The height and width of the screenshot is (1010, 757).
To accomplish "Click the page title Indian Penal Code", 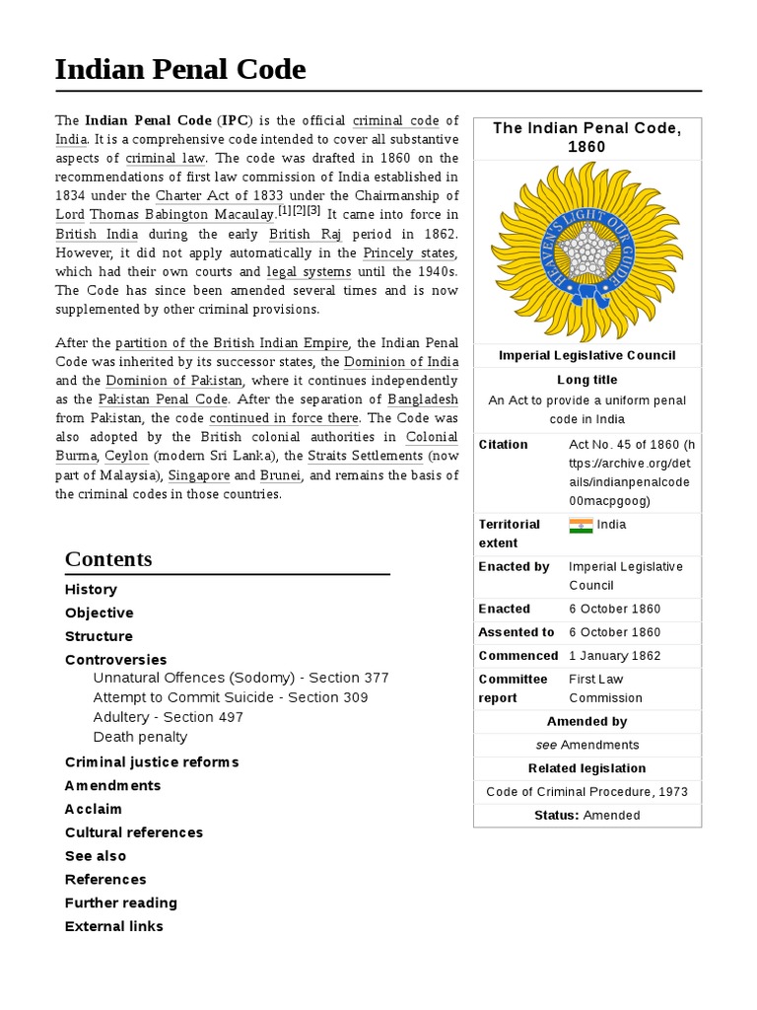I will tap(180, 70).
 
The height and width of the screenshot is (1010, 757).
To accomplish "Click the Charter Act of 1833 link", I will tap(219, 196).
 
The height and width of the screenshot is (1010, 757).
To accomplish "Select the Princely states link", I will tap(410, 252).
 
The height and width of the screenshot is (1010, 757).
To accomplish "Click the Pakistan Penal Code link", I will tap(163, 399).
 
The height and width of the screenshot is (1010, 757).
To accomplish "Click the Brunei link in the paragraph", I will tap(280, 474).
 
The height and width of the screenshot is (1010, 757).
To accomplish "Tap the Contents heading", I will tap(108, 559).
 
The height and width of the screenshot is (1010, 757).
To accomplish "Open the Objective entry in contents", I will tap(99, 613).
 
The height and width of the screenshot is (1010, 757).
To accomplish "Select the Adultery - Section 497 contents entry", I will tap(168, 717).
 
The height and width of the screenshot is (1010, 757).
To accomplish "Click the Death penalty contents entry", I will tap(140, 737).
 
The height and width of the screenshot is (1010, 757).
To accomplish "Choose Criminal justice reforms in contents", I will tap(152, 761).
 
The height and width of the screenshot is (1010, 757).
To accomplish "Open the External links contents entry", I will tap(114, 926).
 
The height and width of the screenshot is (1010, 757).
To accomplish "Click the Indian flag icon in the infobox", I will tap(581, 525).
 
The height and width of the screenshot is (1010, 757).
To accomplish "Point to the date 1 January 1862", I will tap(615, 656).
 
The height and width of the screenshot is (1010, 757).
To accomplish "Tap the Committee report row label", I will tap(513, 688).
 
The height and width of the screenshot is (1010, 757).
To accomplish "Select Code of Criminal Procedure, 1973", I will tap(587, 792).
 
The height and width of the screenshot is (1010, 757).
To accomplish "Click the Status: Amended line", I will tap(587, 816).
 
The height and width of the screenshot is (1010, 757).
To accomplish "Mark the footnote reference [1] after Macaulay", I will tap(284, 210).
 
